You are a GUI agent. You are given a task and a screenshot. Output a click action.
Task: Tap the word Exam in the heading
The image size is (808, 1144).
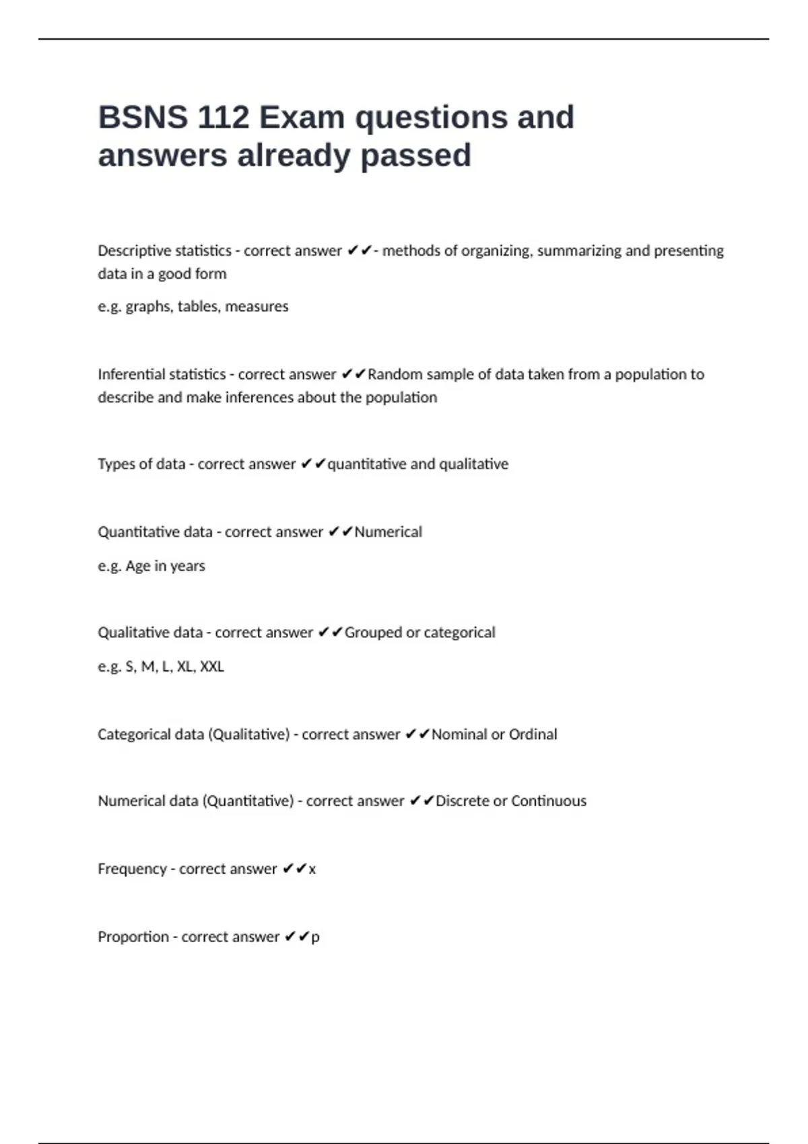point(302,118)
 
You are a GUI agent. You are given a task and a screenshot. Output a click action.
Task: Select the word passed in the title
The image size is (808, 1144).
point(415,156)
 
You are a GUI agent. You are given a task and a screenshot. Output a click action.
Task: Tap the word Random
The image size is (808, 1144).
point(393,374)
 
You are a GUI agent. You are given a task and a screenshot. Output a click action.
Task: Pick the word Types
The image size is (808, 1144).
point(115,464)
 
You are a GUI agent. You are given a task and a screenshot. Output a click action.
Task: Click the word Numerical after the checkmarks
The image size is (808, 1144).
point(389,532)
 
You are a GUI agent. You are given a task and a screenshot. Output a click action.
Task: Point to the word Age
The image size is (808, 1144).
point(138,566)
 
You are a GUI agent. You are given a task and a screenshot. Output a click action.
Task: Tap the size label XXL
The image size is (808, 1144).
point(212,667)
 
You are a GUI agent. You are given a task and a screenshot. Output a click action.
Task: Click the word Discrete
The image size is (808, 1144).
point(462,801)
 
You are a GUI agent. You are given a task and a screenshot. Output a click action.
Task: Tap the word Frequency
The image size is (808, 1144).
point(132,869)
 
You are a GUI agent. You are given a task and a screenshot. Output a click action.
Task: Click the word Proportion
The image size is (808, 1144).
point(133,937)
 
